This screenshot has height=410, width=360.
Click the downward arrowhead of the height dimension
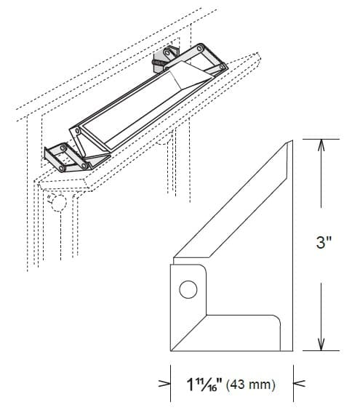coord(321,345)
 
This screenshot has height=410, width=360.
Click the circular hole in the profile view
coord(188,290)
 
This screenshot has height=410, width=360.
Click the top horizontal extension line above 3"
coord(319,138)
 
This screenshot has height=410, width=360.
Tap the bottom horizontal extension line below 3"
coord(319,350)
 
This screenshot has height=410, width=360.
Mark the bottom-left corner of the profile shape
coord(171,350)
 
